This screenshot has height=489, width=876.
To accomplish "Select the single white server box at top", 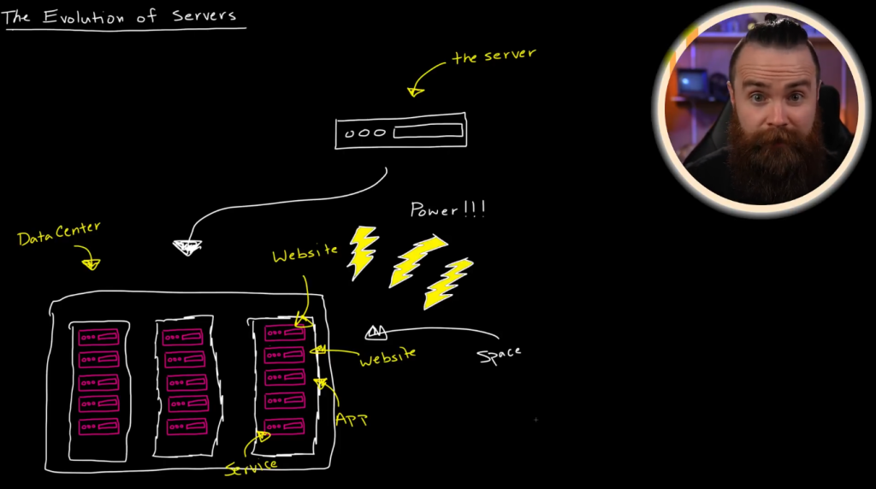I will click(400, 131).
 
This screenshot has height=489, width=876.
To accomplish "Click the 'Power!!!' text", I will click(448, 209).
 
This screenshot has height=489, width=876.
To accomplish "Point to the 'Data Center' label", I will click(59, 233).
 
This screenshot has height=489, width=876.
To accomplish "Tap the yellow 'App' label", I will click(351, 419).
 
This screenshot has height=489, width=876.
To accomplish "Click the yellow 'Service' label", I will click(251, 467).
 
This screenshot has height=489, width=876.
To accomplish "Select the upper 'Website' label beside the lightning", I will click(305, 254).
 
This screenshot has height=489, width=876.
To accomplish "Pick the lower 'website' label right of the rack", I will click(388, 356).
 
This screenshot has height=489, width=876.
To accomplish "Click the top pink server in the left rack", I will click(98, 338).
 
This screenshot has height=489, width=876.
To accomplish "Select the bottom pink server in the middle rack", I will click(186, 426).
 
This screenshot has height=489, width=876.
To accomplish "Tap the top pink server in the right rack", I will click(284, 333).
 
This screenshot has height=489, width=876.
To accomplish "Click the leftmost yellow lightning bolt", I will click(363, 252).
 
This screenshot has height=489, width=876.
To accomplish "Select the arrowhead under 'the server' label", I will click(417, 90).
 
